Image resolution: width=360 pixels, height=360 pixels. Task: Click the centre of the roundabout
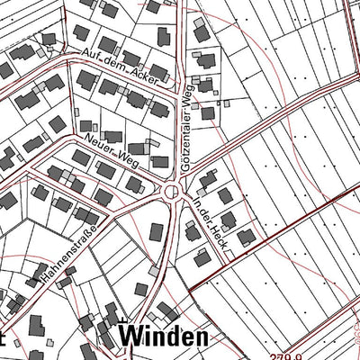pyautogui.click(x=172, y=192)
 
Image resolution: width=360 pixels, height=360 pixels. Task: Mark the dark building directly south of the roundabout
pyautogui.click(x=157, y=231)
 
